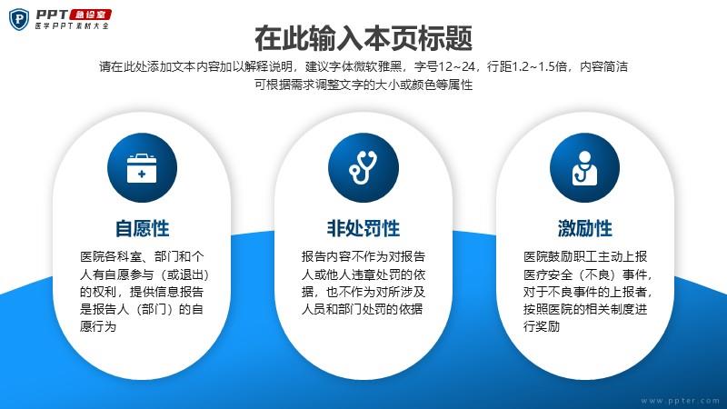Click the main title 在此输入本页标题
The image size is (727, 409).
pos(363,38)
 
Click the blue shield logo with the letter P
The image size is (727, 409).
pos(19,19)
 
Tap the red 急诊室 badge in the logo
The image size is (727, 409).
pos(90,15)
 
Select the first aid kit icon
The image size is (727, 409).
pos(142,168)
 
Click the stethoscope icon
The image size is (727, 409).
pos(363,168)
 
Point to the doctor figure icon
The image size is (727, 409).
pos(584,168)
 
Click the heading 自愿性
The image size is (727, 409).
pos(143,229)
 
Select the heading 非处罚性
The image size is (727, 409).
pos(363,229)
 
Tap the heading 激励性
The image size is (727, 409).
pos(585,229)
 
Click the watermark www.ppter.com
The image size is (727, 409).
pos(680,401)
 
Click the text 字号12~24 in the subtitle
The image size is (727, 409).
pos(444,66)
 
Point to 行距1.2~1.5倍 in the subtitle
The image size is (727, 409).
pos(527,66)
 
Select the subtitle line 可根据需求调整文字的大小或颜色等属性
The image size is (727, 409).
pos(363,85)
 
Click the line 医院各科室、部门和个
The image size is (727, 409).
pos(142,257)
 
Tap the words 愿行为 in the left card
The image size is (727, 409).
pos(98,326)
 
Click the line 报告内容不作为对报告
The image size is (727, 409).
pos(363,257)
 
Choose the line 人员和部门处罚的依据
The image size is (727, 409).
pos(362,309)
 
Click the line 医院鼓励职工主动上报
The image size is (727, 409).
pos(585,257)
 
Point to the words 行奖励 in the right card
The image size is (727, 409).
pos(542,326)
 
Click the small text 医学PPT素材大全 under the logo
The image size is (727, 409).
pos(72,26)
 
